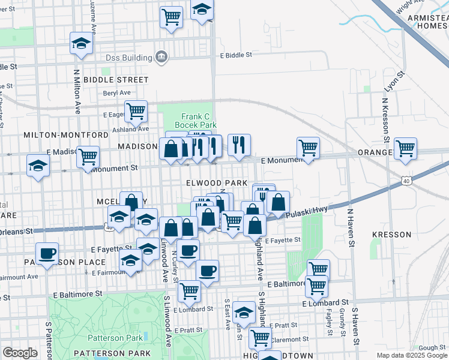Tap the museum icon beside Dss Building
pyautogui.click(x=161, y=57)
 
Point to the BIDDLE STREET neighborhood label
pyautogui.click(x=116, y=79)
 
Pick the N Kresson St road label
pyautogui.click(x=384, y=123)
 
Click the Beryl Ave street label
pyautogui.click(x=116, y=93)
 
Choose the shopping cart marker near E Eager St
pyautogui.click(x=136, y=110)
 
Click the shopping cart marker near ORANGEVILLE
pyautogui.click(x=406, y=148)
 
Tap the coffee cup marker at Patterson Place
pyautogui.click(x=47, y=253)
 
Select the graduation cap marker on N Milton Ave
pyautogui.click(x=80, y=43)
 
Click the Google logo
pyautogui.click(x=20, y=353)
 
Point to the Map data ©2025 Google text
pyautogui.click(x=411, y=355)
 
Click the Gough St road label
pyautogui.click(x=432, y=347)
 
